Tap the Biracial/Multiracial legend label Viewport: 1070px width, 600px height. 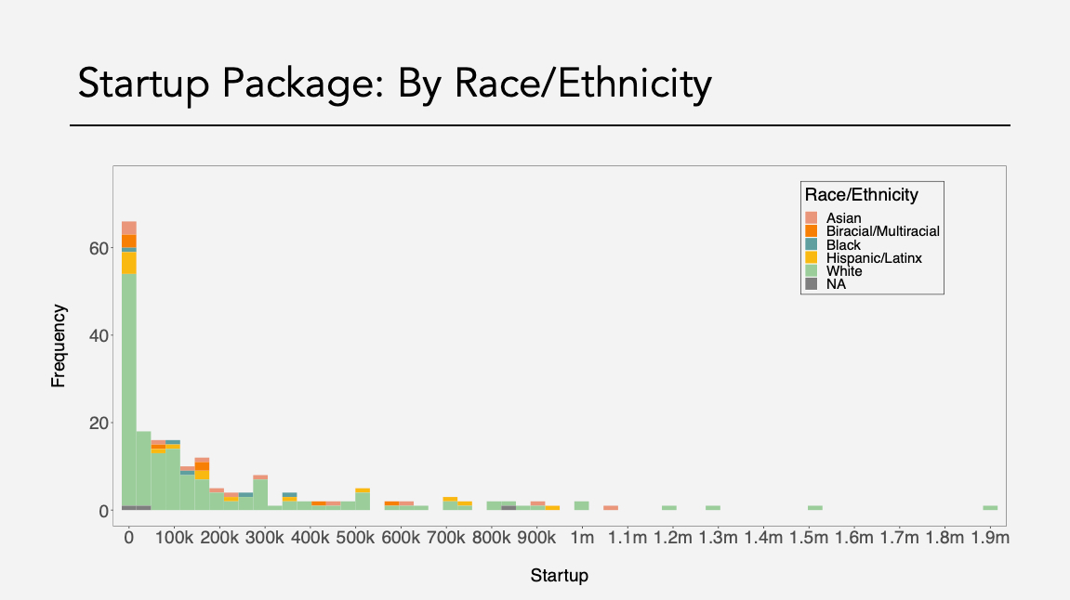pos(882,231)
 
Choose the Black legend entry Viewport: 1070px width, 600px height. pos(843,245)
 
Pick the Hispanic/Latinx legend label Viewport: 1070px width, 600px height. pos(873,258)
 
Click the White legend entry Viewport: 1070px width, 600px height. pos(843,271)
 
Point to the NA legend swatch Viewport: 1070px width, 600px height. pos(811,284)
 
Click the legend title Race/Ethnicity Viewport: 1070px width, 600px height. pos(861,195)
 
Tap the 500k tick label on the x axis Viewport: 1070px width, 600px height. pos(354,538)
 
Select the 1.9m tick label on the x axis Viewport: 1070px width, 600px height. pos(988,538)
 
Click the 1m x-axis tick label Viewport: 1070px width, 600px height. pos(581,538)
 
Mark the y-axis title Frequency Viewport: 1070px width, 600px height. pos(59,346)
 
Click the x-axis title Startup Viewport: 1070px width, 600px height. pos(559,576)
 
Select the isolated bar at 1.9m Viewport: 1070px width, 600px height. pos(990,508)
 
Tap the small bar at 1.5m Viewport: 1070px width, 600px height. pos(815,508)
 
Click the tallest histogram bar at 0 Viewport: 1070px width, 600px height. pos(129,372)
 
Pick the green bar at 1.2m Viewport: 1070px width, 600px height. pos(669,508)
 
